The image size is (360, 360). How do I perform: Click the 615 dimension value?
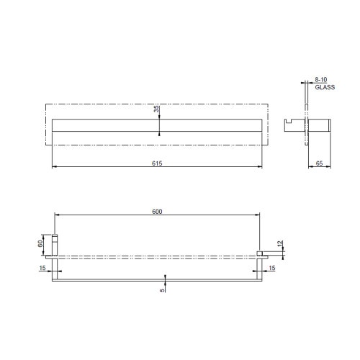click(x=158, y=163)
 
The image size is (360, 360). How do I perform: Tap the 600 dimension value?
click(x=158, y=211)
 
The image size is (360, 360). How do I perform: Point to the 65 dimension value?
click(x=319, y=163)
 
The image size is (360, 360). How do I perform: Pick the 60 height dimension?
click(x=43, y=243)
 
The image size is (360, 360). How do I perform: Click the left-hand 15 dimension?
click(x=42, y=268)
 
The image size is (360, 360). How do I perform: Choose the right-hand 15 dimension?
click(x=271, y=268)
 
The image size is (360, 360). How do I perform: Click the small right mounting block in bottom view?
click(x=260, y=253)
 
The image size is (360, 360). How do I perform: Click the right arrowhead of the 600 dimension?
click(x=258, y=215)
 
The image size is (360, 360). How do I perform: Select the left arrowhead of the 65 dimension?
click(x=310, y=168)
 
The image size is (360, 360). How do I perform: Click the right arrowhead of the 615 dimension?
click(x=261, y=168)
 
